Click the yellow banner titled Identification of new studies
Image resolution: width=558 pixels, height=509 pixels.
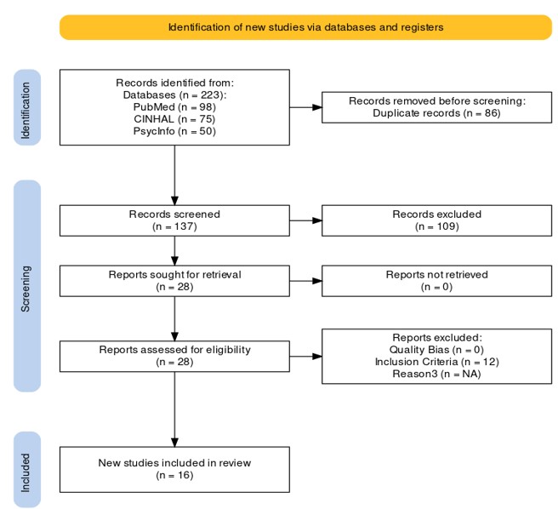(x=305, y=27)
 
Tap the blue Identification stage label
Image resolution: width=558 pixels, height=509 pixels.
(x=27, y=107)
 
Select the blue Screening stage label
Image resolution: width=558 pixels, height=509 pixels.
(x=27, y=286)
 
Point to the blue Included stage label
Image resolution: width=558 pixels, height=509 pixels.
(x=27, y=470)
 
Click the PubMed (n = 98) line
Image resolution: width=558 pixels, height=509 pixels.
(x=174, y=107)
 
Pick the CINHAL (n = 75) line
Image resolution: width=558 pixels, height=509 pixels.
(x=174, y=119)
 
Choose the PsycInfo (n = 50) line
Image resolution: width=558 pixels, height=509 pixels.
(x=174, y=131)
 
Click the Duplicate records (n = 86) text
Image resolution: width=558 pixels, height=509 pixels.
(x=436, y=113)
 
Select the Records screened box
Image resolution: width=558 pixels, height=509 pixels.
(x=174, y=220)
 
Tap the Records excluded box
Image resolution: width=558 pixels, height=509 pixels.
(x=436, y=220)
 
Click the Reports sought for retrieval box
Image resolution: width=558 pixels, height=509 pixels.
(x=174, y=281)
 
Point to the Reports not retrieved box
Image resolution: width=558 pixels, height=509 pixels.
(x=436, y=281)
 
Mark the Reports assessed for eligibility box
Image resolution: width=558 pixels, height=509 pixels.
(x=174, y=356)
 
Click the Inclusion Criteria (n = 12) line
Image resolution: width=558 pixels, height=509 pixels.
(x=436, y=362)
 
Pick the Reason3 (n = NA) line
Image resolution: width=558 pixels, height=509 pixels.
(x=436, y=374)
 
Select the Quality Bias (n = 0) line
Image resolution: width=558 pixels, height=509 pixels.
(x=436, y=350)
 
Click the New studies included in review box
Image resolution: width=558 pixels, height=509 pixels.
(x=174, y=470)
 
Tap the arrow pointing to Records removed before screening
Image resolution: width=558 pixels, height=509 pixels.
(x=305, y=107)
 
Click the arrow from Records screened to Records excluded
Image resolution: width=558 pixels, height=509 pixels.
(x=305, y=220)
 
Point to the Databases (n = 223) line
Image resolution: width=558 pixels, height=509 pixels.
(x=174, y=94)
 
